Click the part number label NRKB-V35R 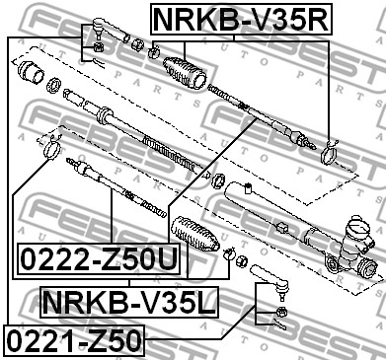(242, 19)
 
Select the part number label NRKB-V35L (129, 302)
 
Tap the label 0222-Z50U (99, 259)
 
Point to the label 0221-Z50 (74, 340)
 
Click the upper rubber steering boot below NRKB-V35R (185, 73)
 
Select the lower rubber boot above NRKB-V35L (194, 234)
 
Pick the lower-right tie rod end (270, 280)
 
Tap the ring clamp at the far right (330, 152)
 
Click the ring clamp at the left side (51, 148)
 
